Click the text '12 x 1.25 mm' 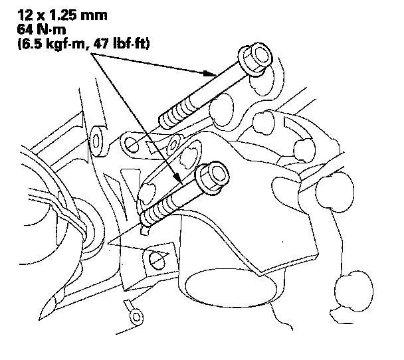point(62,15)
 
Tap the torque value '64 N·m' point(41,29)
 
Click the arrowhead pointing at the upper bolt point(209,73)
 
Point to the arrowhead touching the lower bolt point(177,178)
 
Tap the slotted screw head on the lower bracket point(157,261)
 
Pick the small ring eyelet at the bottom point(136,317)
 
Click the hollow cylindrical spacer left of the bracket point(98,141)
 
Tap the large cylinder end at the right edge point(335,191)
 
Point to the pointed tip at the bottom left point(41,318)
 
